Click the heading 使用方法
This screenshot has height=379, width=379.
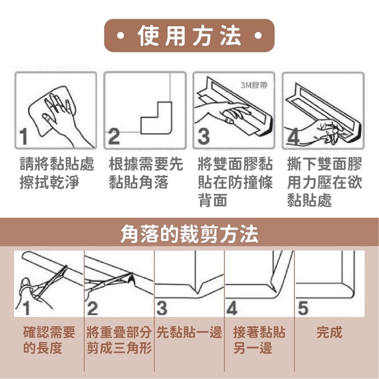(x=189, y=36)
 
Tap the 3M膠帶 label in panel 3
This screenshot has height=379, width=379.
(x=254, y=85)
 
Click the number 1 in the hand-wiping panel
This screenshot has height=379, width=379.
(x=24, y=137)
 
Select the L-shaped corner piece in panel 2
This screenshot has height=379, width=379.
(x=157, y=118)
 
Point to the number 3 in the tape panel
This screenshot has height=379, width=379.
(x=204, y=137)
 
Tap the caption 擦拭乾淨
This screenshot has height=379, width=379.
(x=49, y=182)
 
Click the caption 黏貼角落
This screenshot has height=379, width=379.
(x=138, y=182)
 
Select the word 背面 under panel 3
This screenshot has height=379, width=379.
(x=213, y=200)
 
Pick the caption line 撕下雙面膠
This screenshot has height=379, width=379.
(x=324, y=164)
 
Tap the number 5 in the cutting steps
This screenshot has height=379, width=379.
(x=303, y=308)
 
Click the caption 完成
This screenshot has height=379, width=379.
(x=329, y=332)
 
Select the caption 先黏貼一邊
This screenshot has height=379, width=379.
(x=189, y=332)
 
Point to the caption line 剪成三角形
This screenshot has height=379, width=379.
(x=119, y=348)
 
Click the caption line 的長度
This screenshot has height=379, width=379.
(x=43, y=348)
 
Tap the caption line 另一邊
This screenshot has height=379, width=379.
(x=252, y=348)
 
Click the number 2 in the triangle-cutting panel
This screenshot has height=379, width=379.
(x=92, y=308)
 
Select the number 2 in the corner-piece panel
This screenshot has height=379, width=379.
(x=114, y=137)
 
